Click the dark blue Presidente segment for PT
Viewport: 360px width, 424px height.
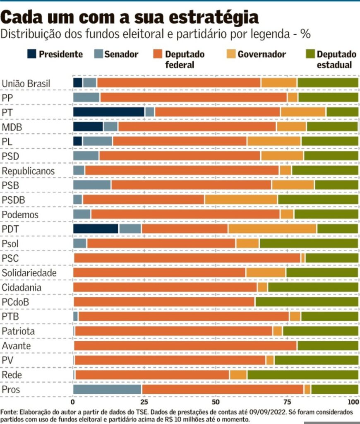point(108,112)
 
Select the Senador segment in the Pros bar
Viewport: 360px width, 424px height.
point(107,389)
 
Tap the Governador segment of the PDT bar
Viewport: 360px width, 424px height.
point(272,229)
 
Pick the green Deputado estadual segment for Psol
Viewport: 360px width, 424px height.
point(309,243)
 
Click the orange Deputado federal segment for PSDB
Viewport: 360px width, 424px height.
point(144,200)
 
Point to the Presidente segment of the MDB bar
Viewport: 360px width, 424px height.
point(88,127)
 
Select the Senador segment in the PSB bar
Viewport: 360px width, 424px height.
point(92,185)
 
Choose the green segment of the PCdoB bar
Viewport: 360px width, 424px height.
point(307,301)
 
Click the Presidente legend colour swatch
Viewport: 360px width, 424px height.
point(32,54)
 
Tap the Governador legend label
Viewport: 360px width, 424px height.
point(262,54)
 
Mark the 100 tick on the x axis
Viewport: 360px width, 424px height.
point(353,402)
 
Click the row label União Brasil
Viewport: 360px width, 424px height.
point(26,83)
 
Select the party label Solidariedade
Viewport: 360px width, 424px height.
point(29,273)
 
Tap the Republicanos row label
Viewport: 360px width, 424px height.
point(28,171)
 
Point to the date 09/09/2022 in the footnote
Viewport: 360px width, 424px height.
point(255,412)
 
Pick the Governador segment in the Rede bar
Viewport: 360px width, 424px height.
point(238,375)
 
